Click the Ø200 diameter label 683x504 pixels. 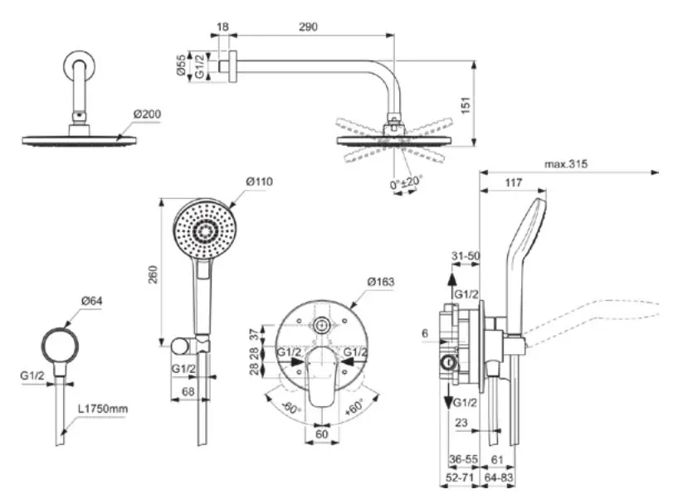(x=146, y=114)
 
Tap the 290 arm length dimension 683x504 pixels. (x=308, y=27)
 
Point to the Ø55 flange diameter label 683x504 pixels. (x=182, y=65)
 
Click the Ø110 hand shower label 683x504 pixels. (x=259, y=181)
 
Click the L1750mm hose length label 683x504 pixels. (x=103, y=408)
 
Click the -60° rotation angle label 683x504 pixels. (x=289, y=407)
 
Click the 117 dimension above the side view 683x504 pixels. (x=514, y=183)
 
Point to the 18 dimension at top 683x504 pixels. (x=222, y=27)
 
